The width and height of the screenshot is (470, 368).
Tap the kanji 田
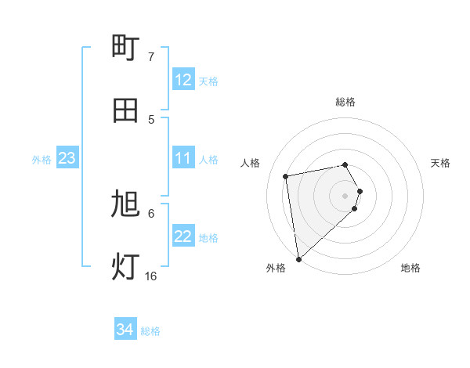tap(126, 110)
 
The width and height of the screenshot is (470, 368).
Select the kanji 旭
tap(126, 205)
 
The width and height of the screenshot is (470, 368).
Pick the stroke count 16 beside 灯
tap(150, 276)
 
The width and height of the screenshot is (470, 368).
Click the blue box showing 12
tap(183, 80)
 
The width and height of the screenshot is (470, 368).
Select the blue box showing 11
tap(183, 159)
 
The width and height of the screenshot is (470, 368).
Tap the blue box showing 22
tap(183, 237)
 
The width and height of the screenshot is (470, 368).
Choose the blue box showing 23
tap(67, 159)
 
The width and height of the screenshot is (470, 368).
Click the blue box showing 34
tap(125, 330)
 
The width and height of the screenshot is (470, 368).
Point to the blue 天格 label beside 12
tap(208, 81)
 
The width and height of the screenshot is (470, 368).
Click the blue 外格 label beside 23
tap(42, 160)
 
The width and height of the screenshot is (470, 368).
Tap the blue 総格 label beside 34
tap(150, 331)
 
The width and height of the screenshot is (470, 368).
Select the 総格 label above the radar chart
tap(345, 102)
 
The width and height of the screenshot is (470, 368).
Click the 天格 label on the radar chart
tap(440, 163)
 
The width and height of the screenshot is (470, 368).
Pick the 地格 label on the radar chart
tap(410, 268)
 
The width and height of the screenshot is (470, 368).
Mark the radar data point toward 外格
tap(298, 258)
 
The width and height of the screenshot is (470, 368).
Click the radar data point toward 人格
tap(287, 175)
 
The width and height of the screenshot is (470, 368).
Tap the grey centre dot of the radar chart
tap(345, 195)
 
